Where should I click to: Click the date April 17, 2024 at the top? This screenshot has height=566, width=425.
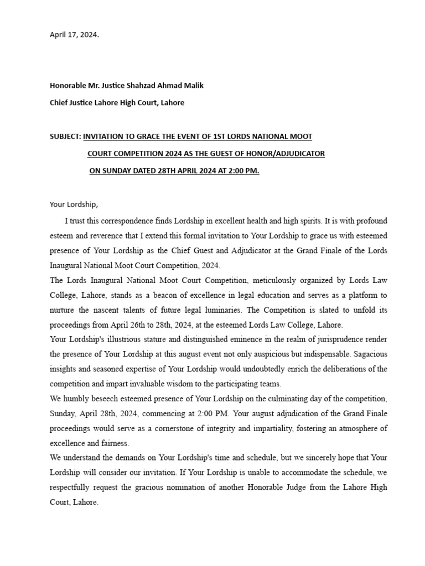tap(75, 34)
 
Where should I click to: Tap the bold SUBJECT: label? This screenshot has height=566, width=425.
tap(65, 136)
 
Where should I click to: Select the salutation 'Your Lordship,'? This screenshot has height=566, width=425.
tap(74, 205)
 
